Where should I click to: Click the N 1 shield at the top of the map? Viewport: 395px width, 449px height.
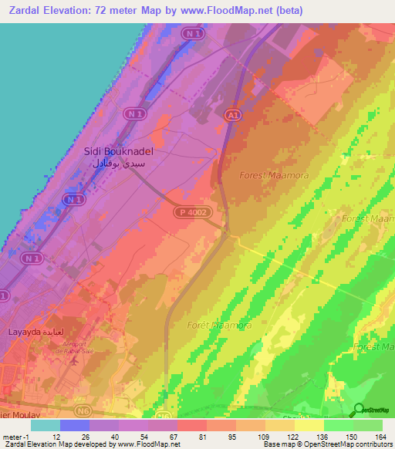click(x=193, y=34)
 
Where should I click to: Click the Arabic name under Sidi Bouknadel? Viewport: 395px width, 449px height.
click(x=117, y=164)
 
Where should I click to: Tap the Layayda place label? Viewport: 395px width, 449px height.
click(x=24, y=332)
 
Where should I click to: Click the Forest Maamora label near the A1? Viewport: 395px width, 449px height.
click(x=274, y=175)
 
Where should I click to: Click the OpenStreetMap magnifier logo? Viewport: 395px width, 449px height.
click(x=357, y=410)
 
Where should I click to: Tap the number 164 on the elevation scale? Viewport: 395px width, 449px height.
click(x=381, y=437)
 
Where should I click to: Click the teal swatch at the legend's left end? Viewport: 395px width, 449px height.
click(x=45, y=425)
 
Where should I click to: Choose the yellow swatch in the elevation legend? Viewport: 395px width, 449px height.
click(x=309, y=425)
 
